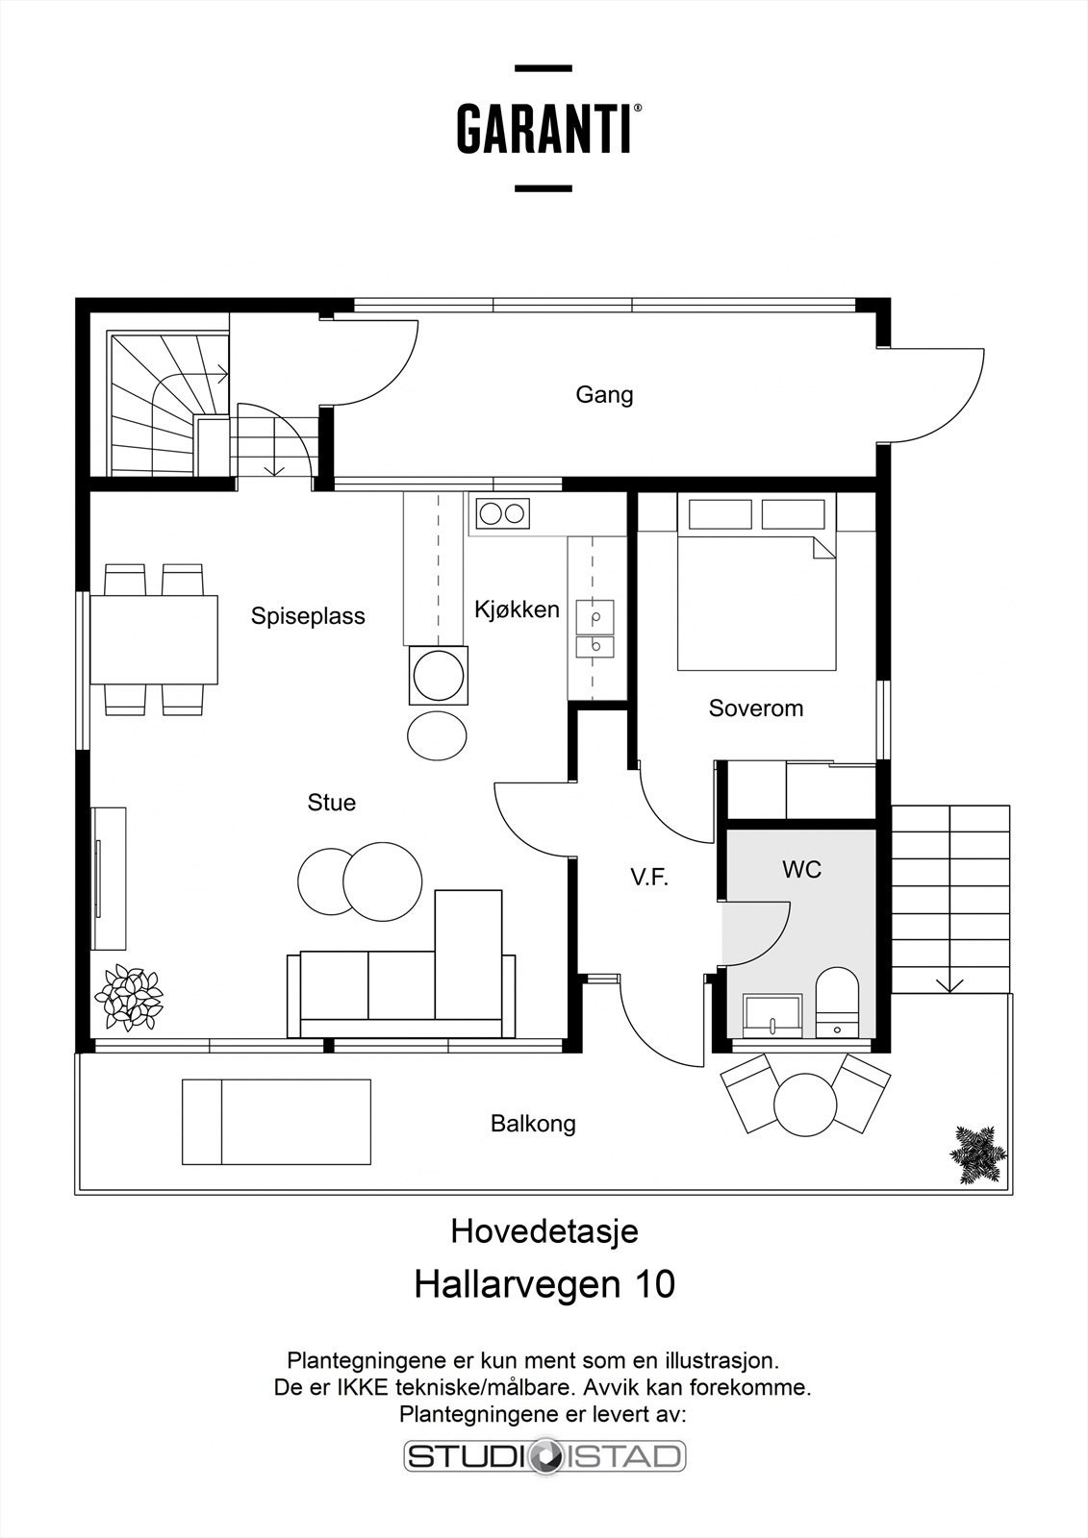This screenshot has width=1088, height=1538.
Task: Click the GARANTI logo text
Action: point(544,129)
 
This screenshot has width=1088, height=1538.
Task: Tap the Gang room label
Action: point(604,394)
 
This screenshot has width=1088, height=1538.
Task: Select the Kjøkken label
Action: point(517,609)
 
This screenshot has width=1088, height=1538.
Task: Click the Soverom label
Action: point(755,708)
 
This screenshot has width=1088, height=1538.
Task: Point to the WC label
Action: point(801,870)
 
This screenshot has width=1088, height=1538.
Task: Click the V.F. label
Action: point(648,877)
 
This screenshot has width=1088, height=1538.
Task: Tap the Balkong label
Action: point(533,1123)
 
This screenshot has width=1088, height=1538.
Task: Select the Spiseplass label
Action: point(308,616)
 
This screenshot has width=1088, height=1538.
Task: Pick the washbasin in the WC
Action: point(772,1015)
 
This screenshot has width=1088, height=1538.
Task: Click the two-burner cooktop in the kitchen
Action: point(501,513)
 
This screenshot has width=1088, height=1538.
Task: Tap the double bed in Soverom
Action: point(756,596)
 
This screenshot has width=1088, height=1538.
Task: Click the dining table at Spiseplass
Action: point(154,639)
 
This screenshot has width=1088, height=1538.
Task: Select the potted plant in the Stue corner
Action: point(128,997)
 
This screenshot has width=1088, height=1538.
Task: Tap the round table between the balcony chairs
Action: point(805,1104)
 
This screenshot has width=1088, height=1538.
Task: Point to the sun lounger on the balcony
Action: point(276,1122)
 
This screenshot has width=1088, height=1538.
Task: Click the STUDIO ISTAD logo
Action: point(544,1455)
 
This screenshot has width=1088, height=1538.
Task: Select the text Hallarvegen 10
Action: point(544,1284)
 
